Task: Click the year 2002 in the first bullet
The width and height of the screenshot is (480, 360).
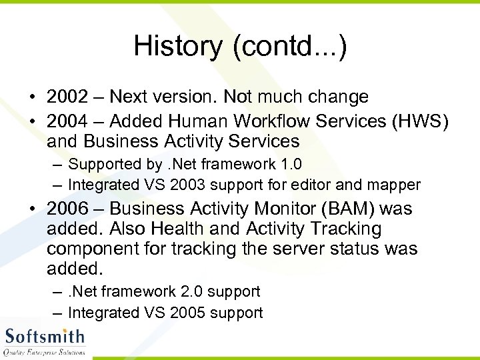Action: (x=67, y=97)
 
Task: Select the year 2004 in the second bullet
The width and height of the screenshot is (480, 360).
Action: (x=67, y=121)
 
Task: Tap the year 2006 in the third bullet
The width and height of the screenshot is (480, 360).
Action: (x=67, y=209)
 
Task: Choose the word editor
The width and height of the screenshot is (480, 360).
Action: (x=295, y=185)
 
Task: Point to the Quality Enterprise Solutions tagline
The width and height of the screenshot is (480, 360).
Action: (x=45, y=351)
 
